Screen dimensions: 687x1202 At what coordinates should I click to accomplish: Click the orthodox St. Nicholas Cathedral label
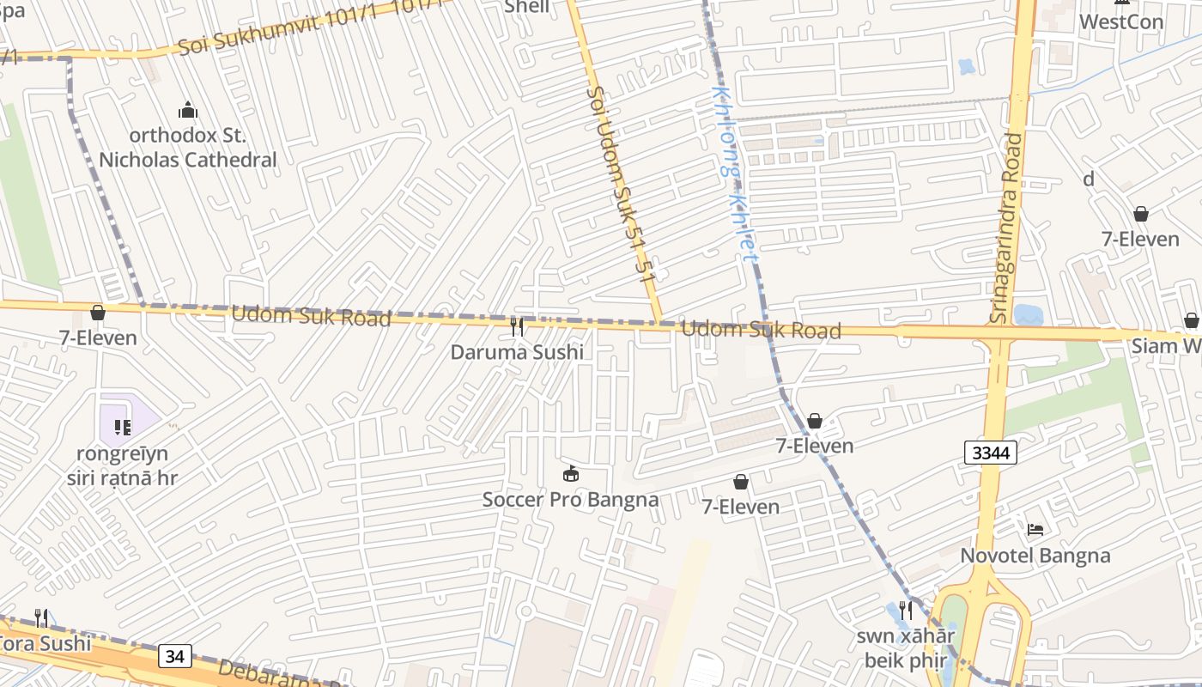(187, 148)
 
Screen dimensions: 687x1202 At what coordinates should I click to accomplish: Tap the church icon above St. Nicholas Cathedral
(187, 111)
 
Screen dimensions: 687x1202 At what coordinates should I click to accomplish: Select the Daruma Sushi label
(517, 352)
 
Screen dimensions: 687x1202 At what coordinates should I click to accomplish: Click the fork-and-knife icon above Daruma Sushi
(517, 327)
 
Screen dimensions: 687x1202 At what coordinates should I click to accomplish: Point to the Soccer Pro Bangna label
(570, 500)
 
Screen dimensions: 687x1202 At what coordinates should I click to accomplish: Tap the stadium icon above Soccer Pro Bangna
(570, 473)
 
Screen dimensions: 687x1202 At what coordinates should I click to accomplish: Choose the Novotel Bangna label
(1035, 556)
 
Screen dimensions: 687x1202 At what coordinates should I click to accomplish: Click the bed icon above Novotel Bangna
(1035, 529)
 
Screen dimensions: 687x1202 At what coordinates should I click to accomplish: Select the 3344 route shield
(990, 453)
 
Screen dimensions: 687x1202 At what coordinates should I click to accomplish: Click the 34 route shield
(174, 656)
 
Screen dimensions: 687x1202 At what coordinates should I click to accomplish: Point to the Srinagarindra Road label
(1008, 228)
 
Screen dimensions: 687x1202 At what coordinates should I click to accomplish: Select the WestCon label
(1120, 22)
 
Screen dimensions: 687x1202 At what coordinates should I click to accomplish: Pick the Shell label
(526, 7)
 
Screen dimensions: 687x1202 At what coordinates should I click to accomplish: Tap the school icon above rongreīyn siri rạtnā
(122, 427)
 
